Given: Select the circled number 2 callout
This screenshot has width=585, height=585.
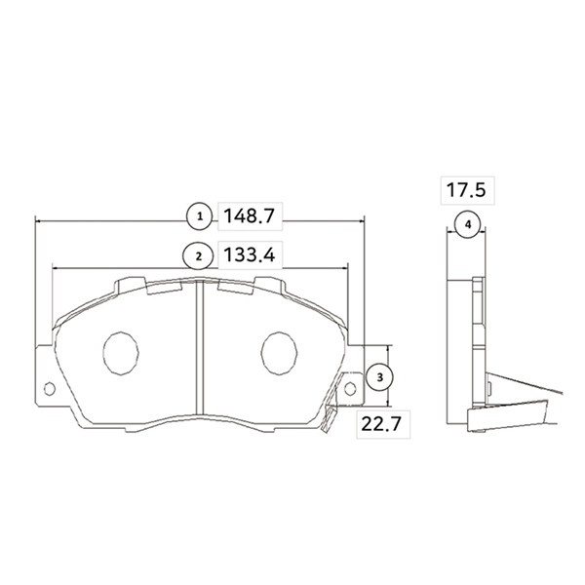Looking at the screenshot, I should click(x=199, y=255).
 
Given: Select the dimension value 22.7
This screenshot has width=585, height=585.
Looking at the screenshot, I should click(x=380, y=424).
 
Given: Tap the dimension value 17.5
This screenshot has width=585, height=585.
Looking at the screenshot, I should click(x=466, y=189).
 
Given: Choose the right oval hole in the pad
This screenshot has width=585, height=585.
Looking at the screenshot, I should click(x=278, y=352).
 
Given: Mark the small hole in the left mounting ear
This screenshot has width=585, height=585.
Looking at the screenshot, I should click(x=49, y=389).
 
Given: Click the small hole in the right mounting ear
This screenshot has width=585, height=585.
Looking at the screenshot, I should click(x=349, y=389).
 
